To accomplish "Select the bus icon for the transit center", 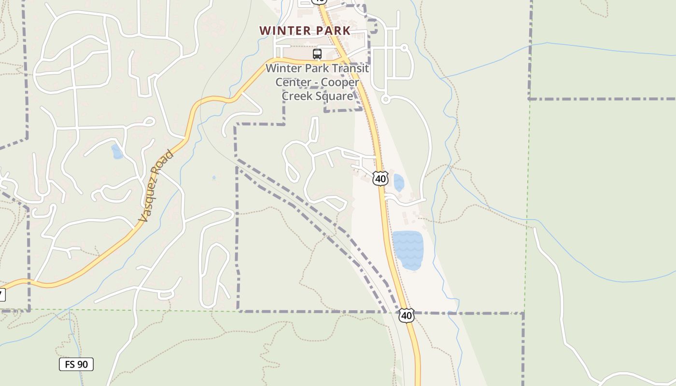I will [317, 54].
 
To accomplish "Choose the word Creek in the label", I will [297, 96].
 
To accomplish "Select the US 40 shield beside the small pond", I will [380, 179].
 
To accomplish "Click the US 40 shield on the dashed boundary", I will [407, 316].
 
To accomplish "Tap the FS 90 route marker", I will [76, 364].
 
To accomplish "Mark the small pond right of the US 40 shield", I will [399, 183].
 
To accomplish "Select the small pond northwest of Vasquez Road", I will [117, 152].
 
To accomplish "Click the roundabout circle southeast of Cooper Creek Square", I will [385, 99].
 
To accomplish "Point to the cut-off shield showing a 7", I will [2, 294].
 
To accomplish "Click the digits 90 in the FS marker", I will [83, 364].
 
